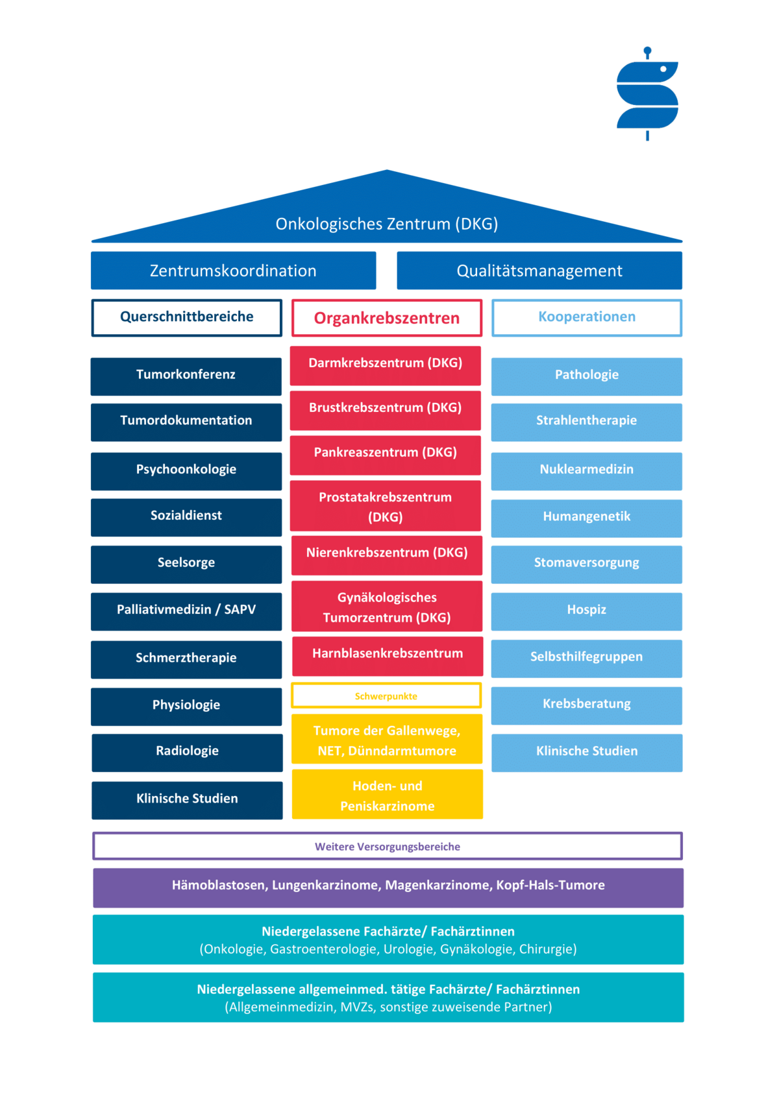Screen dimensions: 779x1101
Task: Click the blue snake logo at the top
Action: point(647,93)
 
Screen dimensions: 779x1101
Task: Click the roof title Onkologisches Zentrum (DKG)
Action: point(386,224)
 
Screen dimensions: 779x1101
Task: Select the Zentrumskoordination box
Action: point(233,271)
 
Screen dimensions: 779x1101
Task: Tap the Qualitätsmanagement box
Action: point(539,271)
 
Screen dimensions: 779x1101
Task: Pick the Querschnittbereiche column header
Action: point(186,317)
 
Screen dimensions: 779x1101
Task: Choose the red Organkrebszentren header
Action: point(387,318)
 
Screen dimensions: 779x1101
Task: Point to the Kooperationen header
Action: point(587,317)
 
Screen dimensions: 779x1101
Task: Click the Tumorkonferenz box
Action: point(186,376)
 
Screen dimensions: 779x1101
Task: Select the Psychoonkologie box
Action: point(186,471)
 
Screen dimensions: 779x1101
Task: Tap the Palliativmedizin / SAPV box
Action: point(186,611)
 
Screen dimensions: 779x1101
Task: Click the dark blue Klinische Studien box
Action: point(187,800)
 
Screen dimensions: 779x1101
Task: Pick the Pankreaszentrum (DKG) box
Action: point(386,455)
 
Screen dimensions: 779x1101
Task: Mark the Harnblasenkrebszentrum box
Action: point(388,656)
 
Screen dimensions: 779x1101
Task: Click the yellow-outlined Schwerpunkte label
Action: point(386,696)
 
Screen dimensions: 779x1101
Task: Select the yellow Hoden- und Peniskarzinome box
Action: point(388,794)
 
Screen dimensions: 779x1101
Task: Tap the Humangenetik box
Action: point(587,518)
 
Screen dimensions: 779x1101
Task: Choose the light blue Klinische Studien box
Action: point(587,753)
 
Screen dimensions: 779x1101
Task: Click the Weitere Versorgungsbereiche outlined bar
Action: point(388,846)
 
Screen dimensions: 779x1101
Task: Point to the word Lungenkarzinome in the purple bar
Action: point(327,885)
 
